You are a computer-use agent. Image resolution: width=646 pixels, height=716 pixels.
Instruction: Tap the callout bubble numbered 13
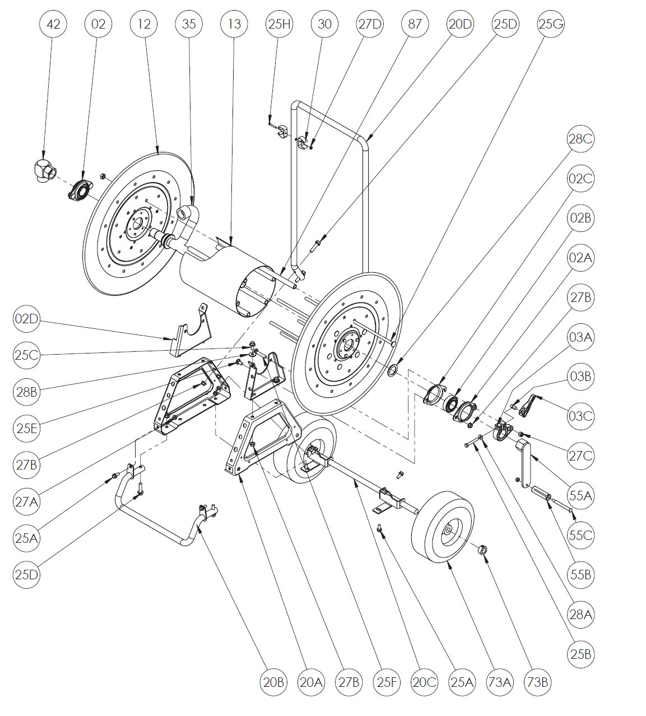(235, 24)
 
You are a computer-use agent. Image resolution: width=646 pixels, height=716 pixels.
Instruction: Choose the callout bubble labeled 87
(415, 24)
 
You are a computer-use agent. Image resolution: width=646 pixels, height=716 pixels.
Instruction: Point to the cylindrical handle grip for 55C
(542, 496)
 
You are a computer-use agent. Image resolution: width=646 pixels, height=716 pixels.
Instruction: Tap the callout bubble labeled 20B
(273, 682)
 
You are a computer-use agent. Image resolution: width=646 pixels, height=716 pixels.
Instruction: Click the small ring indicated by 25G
(393, 370)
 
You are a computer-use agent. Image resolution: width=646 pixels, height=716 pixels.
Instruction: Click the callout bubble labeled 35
(189, 24)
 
